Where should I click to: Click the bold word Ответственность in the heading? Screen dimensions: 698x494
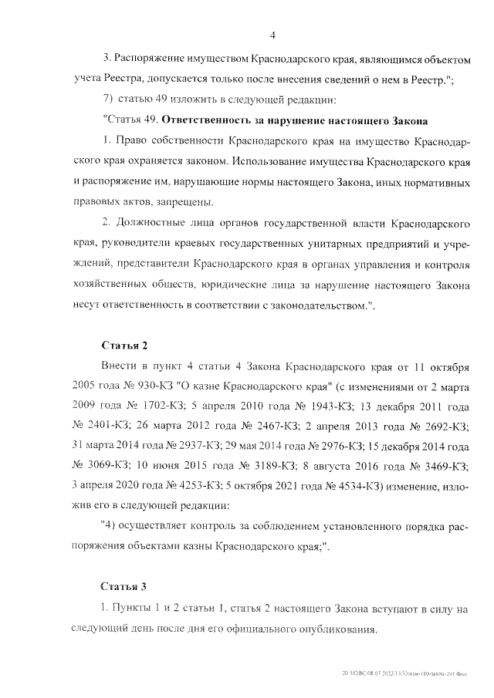203,122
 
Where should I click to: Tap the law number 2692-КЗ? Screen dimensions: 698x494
445,426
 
